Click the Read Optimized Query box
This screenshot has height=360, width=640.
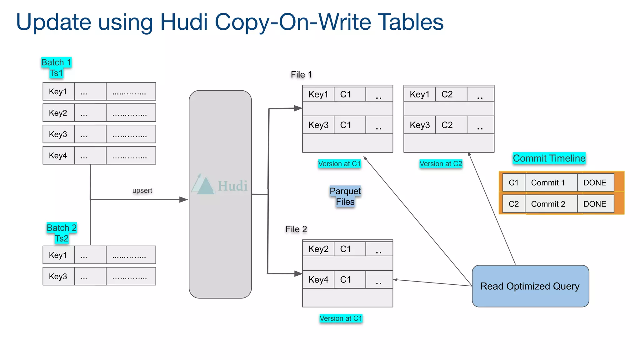530,286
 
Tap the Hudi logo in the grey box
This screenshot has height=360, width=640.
219,185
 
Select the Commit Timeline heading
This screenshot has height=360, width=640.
549,158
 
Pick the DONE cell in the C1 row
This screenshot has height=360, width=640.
595,183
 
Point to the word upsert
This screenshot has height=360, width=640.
142,190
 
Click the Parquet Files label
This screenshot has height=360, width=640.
345,196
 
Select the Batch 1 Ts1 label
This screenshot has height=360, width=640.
56,67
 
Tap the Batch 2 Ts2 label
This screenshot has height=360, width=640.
62,233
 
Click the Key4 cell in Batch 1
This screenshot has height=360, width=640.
58,156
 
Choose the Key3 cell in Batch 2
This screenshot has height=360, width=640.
58,276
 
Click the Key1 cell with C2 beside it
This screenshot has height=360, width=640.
419,94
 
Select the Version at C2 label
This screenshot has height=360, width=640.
441,164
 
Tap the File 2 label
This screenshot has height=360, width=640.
296,229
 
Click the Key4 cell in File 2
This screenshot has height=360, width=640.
318,279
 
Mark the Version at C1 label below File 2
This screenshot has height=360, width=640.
341,318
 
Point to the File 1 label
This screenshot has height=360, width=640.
301,74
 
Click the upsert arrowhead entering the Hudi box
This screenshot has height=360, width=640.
184,199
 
